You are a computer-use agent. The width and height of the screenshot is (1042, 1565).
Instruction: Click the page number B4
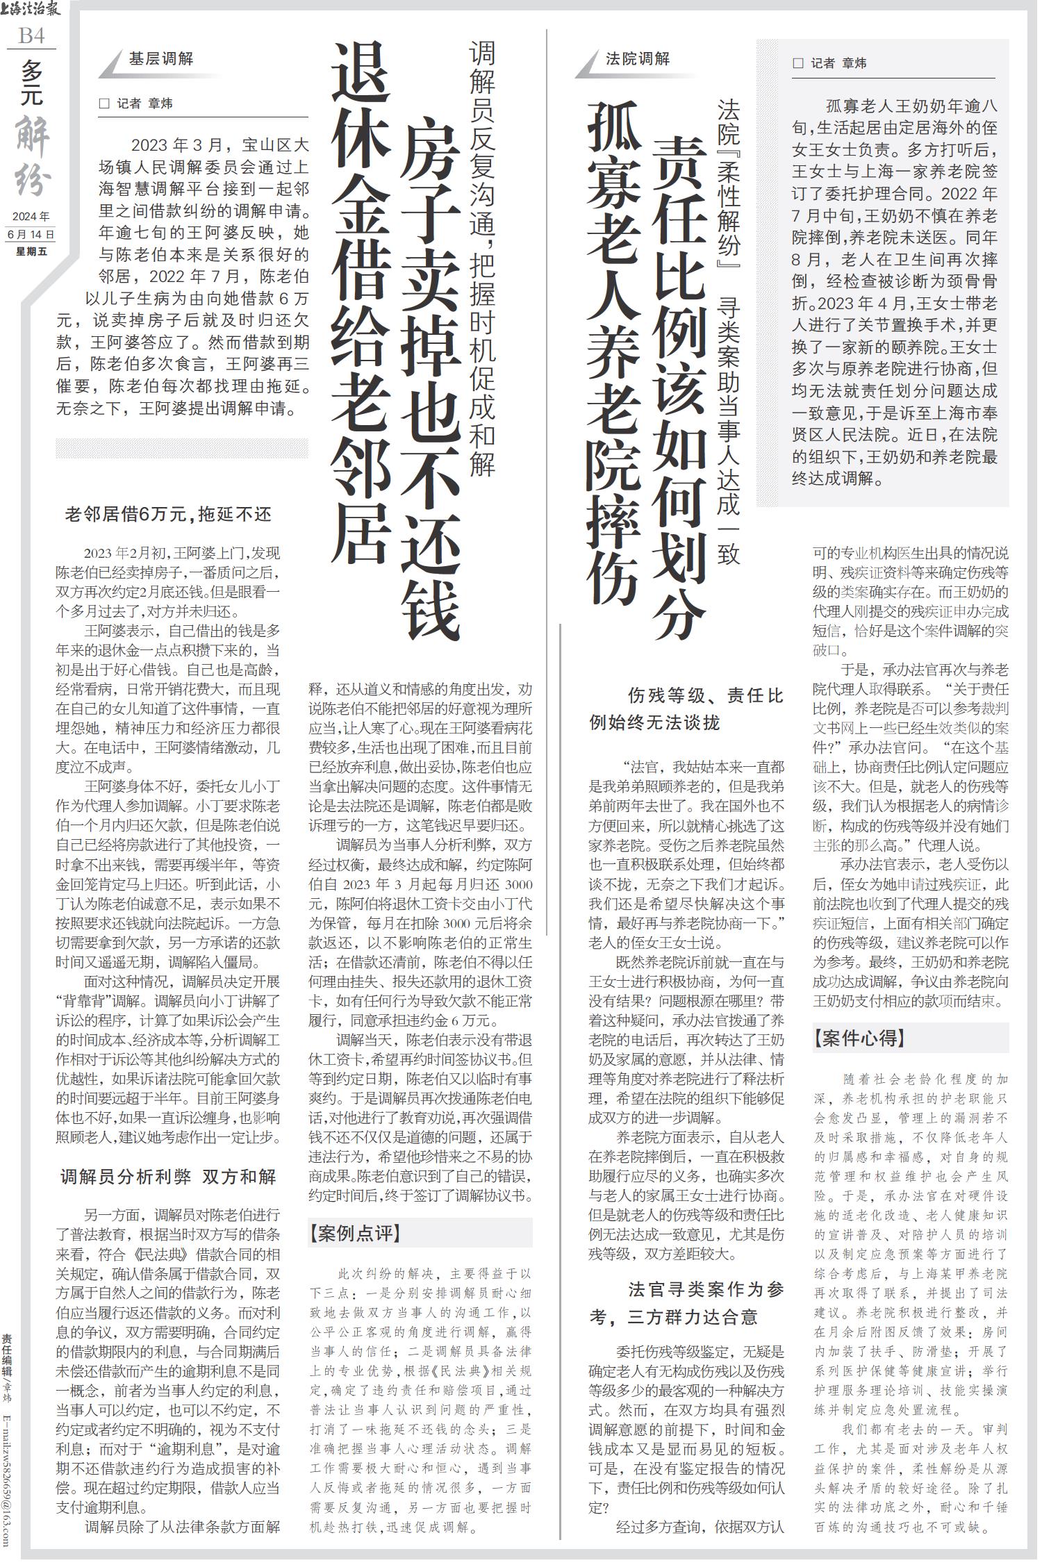(x=31, y=35)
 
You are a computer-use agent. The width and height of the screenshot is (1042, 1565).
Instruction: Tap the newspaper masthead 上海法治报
(x=31, y=10)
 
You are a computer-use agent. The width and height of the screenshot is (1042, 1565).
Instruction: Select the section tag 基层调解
(x=160, y=59)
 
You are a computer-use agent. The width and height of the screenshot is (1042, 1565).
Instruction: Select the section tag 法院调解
(x=637, y=59)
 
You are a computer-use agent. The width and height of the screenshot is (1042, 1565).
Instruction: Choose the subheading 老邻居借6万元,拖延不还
(x=168, y=515)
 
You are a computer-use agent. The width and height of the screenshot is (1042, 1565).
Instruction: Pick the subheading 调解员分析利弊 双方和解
(x=168, y=1177)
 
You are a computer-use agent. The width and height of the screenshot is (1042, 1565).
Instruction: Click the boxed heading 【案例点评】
(x=355, y=1233)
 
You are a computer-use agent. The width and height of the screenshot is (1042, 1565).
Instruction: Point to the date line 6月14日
(x=31, y=234)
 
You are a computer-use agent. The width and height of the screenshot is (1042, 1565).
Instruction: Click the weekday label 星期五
(x=31, y=251)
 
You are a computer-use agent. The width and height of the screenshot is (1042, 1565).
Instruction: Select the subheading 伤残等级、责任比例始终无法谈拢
(x=687, y=709)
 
